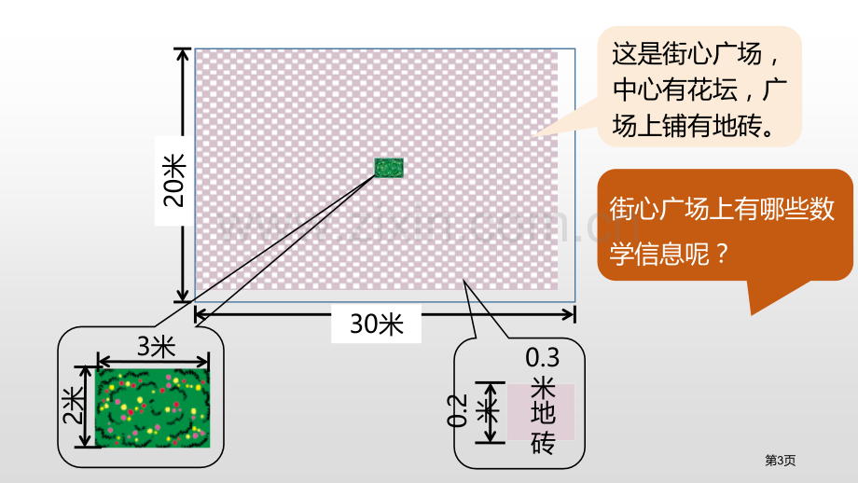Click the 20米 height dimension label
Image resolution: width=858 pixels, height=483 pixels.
[x=175, y=181]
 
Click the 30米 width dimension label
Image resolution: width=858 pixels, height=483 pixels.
[x=377, y=324]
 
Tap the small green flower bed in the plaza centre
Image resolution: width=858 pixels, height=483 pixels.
[x=389, y=168]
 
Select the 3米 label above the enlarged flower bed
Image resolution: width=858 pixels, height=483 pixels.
[x=156, y=346]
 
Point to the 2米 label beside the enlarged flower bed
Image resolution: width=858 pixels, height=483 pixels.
[x=73, y=406]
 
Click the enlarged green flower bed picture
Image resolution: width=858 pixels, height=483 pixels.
[x=153, y=408]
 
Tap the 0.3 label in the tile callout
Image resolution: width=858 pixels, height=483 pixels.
[x=542, y=358]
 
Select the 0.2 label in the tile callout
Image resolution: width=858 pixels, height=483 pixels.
[x=457, y=410]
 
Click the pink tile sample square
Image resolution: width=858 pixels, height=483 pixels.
[x=541, y=412]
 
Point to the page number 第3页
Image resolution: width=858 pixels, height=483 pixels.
[x=780, y=461]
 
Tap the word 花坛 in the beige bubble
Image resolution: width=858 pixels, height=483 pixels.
[x=713, y=90]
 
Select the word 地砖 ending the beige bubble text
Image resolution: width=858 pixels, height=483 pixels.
[x=737, y=126]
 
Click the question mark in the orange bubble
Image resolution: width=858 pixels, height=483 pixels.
[x=722, y=254]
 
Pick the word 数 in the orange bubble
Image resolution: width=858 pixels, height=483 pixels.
[x=822, y=210]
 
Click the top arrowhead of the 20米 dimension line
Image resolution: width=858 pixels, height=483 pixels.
[x=183, y=52]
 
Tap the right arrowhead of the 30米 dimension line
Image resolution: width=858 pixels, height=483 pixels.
[x=570, y=314]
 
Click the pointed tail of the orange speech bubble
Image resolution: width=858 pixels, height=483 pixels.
[x=753, y=313]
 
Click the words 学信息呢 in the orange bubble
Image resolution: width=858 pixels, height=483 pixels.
[x=660, y=254]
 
